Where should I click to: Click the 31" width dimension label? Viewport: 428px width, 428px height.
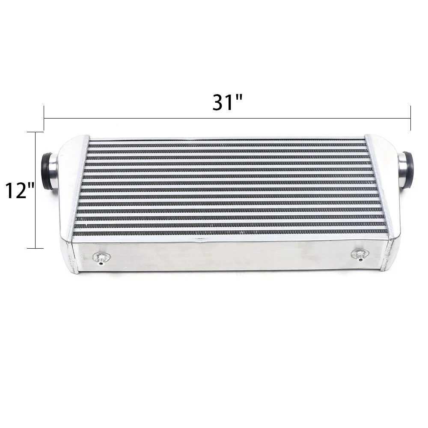227,102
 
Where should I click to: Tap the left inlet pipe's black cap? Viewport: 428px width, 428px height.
46,172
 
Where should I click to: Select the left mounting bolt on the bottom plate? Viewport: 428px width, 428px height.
101,258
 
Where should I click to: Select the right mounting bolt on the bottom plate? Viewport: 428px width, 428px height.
360,254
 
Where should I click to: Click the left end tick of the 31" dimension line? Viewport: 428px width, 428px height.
44,119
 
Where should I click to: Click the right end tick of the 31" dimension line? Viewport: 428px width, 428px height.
410,118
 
